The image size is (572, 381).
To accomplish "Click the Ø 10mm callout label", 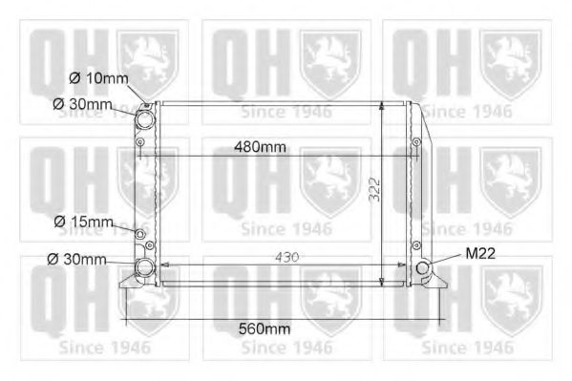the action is [98, 78].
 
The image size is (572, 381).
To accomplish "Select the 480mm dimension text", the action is [260, 147].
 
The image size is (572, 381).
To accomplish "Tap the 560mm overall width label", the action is [265, 328].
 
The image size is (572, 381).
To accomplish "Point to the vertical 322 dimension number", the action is [374, 189].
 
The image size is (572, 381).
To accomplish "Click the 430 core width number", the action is [287, 257].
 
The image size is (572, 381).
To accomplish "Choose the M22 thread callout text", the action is [480, 253].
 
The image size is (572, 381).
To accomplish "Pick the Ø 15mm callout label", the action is [83, 222].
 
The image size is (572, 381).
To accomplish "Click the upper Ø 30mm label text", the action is [82, 104].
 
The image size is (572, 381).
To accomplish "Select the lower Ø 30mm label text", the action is [76, 260].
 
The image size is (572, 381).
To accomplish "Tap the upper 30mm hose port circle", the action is [145, 118].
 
